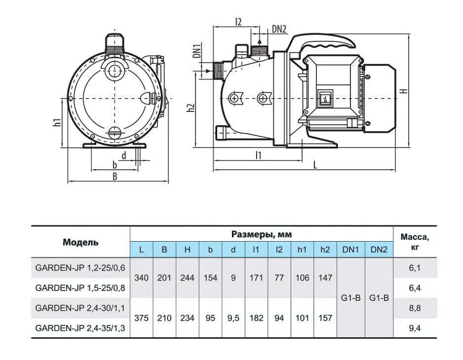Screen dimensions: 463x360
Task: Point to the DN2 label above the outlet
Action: coord(279,29)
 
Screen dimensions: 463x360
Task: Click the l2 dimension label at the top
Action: coord(238,22)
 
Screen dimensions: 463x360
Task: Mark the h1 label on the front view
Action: coord(58,122)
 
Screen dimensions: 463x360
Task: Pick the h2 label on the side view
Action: coord(191,108)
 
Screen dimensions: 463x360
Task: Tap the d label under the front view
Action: coord(124,155)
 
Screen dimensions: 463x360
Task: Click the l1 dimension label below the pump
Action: coord(258,155)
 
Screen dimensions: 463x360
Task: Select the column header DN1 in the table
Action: coord(350,250)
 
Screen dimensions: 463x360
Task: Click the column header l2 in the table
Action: coord(279,250)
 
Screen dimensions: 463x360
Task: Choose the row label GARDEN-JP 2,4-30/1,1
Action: coord(80,308)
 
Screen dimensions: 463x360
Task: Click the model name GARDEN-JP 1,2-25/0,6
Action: coord(80,268)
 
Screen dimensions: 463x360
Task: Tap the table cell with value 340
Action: coord(142,278)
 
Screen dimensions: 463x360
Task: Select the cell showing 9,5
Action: coord(233,318)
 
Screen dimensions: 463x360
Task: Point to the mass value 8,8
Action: coord(415,308)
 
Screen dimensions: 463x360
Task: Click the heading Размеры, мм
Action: coord(262,234)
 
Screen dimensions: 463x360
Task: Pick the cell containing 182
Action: coord(256,318)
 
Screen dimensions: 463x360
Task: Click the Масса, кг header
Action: coord(415,242)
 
